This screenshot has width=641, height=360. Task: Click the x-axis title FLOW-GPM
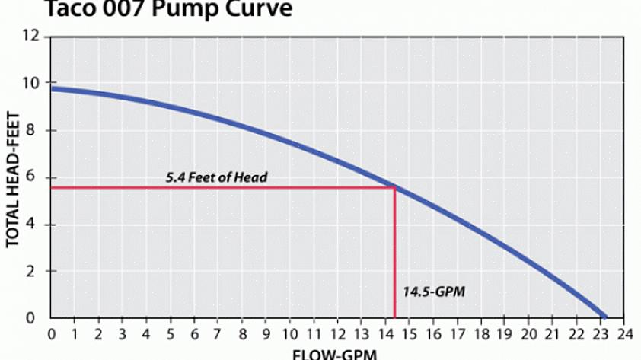(334, 354)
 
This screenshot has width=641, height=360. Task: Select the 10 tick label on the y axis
(30, 83)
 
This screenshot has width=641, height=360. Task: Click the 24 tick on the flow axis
(624, 333)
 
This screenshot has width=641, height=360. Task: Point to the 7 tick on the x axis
(218, 333)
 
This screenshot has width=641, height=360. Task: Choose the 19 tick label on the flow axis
(505, 333)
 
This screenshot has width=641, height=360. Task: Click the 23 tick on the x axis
(601, 333)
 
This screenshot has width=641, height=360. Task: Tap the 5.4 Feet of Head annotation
(217, 177)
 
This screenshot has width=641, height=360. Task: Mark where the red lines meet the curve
(394, 187)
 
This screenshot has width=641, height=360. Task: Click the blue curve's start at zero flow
(52, 89)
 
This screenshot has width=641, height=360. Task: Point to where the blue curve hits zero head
(605, 317)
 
